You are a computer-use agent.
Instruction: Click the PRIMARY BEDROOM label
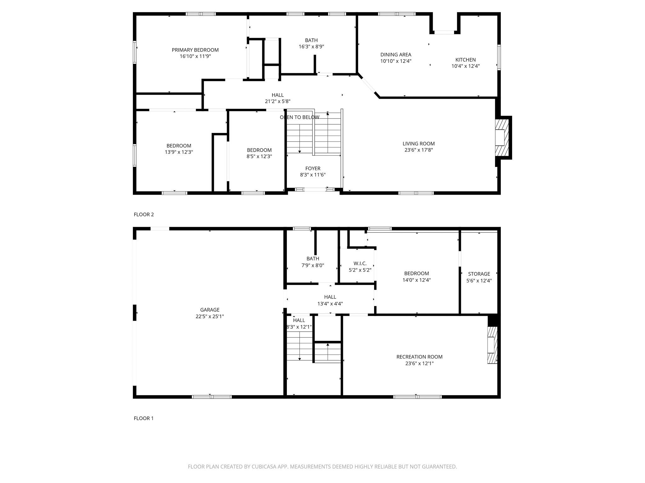coord(195,50)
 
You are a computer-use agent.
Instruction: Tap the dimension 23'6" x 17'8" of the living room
coord(419,150)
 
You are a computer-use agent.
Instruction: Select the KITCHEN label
coord(465,60)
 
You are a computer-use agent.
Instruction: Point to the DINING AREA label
coord(396,55)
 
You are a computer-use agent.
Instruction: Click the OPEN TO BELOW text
coord(300,117)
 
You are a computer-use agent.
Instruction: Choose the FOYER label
coord(312,169)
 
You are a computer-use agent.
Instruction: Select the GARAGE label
coord(209,310)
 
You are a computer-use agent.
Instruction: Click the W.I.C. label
coord(360,264)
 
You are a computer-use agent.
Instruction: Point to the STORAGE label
coord(479,274)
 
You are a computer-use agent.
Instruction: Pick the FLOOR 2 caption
coord(144,214)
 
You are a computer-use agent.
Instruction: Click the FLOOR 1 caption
coord(144,418)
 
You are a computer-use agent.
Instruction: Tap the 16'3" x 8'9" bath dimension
coord(311,47)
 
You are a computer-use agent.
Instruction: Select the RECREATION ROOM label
coord(419,357)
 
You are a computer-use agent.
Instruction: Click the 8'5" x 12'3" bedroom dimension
coord(259,156)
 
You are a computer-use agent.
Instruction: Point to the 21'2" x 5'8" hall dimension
coord(277,101)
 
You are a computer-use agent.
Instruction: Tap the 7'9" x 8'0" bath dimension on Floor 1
coord(312,265)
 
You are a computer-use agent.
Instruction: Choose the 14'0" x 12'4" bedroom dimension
coord(416,280)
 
